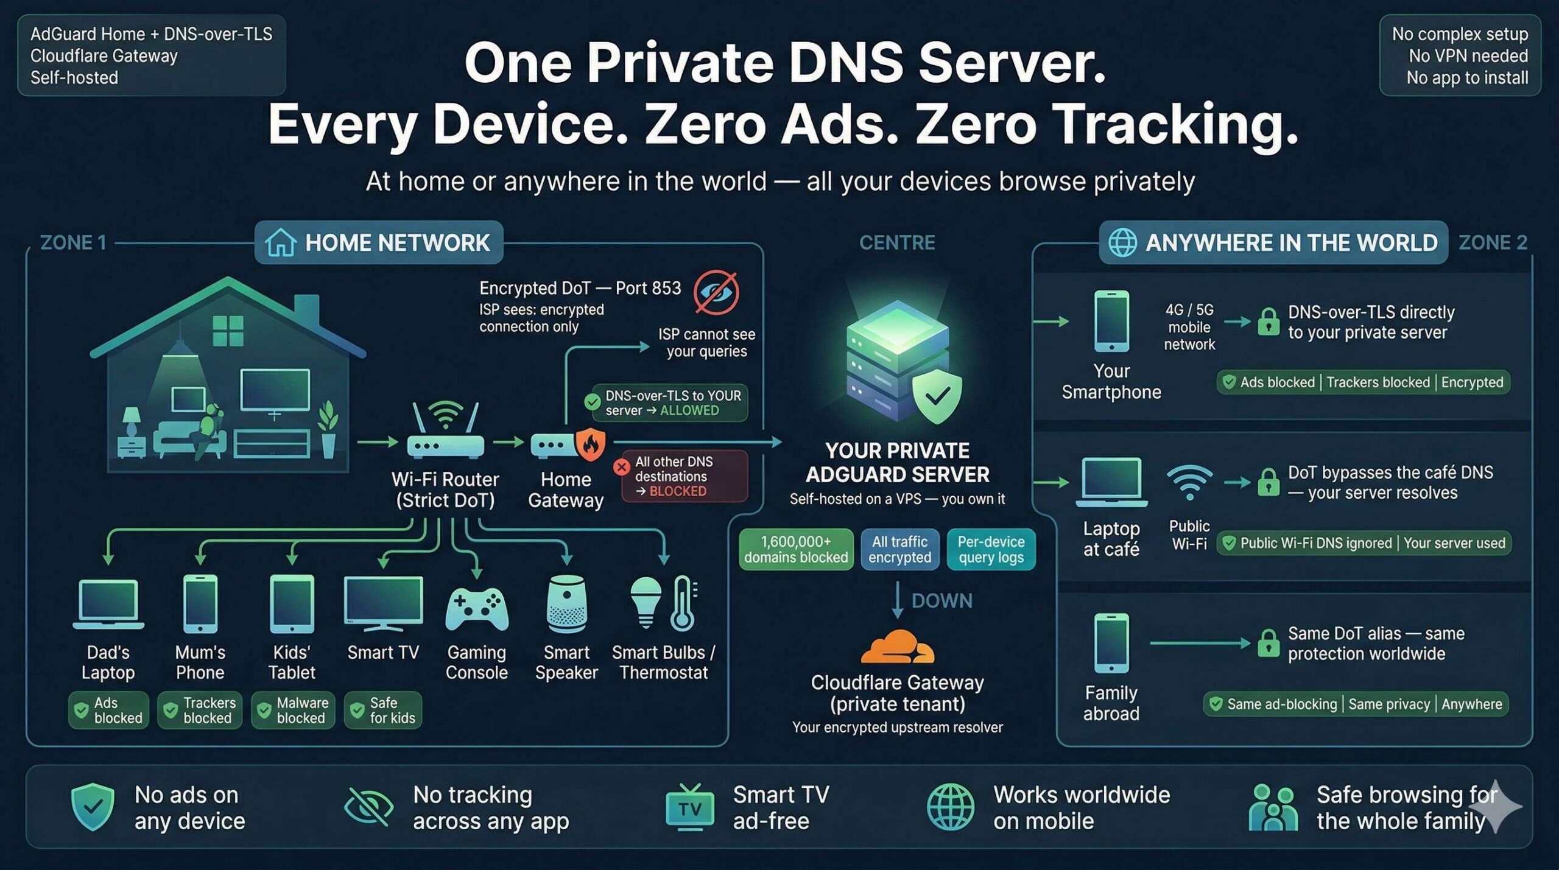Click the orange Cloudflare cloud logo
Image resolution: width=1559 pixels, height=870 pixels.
click(896, 647)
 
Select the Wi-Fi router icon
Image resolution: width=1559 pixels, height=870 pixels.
click(445, 431)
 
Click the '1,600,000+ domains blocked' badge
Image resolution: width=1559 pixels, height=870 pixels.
click(795, 549)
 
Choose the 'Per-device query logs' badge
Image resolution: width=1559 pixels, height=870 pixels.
click(991, 549)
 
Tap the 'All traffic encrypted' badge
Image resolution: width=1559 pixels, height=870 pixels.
click(899, 549)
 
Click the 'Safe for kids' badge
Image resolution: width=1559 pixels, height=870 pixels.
click(383, 710)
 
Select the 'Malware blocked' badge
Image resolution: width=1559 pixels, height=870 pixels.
click(293, 710)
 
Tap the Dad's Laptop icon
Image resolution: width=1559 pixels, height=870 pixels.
click(108, 604)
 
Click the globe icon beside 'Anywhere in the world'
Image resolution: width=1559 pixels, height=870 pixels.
click(1122, 242)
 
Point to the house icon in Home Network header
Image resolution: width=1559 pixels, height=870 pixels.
click(281, 242)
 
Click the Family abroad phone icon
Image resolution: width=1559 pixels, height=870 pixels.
click(1111, 643)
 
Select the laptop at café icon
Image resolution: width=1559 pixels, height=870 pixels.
click(1111, 482)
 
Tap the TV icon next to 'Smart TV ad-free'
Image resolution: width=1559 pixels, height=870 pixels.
click(689, 807)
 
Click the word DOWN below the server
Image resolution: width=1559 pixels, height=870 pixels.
click(941, 600)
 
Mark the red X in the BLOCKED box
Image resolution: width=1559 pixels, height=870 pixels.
click(621, 467)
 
